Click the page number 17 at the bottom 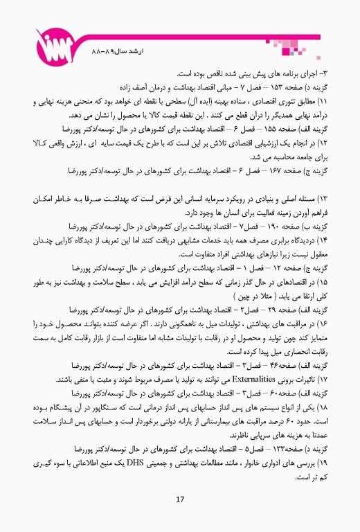pos(179,500)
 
